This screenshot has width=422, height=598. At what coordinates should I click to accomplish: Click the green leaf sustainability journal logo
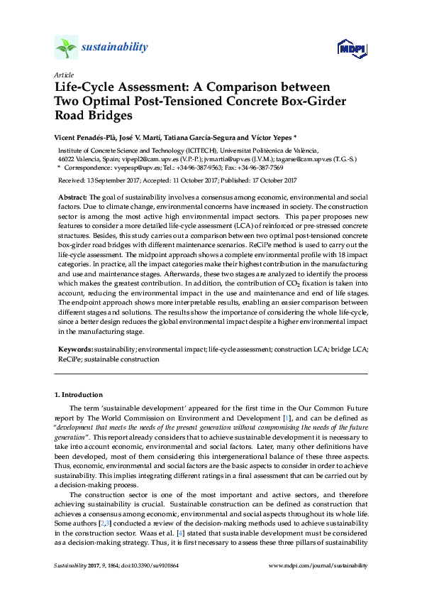[x=66, y=48]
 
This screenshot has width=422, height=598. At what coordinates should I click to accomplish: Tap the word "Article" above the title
[x=62, y=75]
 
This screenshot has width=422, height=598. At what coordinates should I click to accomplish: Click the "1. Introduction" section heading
[x=78, y=395]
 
